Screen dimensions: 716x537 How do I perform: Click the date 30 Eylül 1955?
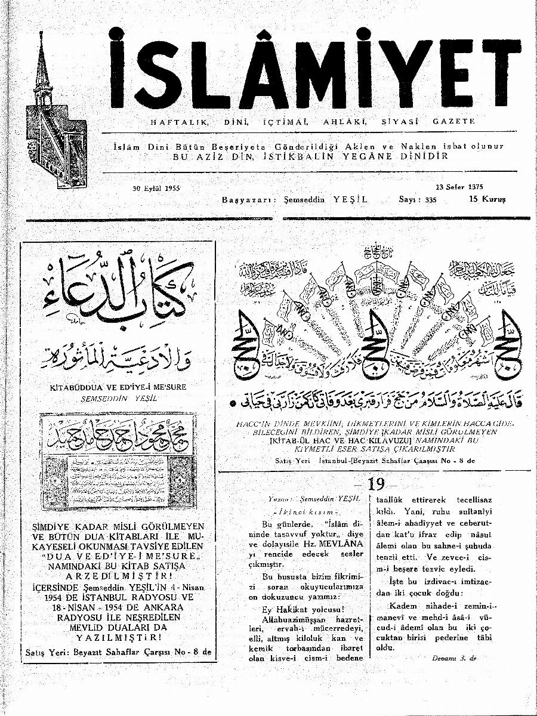click(x=156, y=188)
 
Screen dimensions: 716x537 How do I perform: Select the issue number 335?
click(x=431, y=200)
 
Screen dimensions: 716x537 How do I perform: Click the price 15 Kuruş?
click(x=487, y=199)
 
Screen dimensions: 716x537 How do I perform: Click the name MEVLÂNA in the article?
click(x=326, y=544)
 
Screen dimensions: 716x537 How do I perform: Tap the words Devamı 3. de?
click(x=454, y=658)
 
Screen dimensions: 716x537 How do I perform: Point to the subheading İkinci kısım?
click(x=305, y=512)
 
